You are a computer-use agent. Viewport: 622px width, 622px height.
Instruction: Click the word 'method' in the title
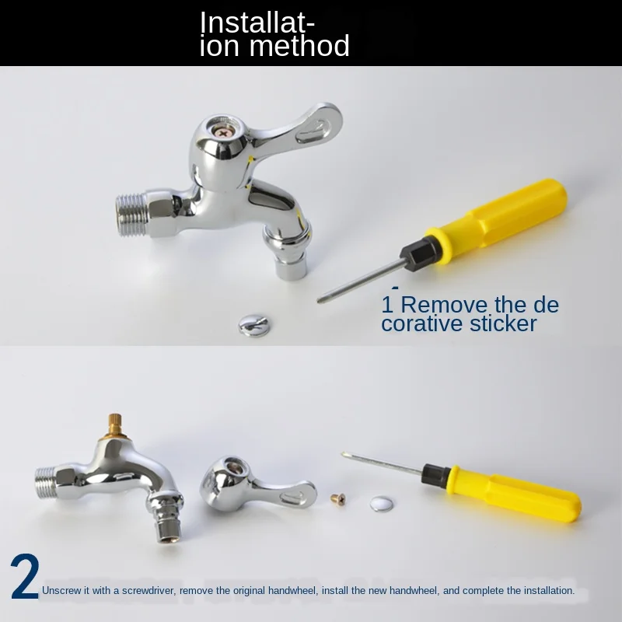(300, 47)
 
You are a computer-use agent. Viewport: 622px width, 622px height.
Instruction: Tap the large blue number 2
(25, 579)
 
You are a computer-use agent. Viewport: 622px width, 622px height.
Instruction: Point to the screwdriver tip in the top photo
(321, 299)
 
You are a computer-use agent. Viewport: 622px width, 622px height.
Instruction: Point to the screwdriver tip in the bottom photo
(345, 456)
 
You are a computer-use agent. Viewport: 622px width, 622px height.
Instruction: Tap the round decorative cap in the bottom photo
(382, 503)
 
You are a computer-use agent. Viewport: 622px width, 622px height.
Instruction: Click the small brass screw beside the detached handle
(337, 498)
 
